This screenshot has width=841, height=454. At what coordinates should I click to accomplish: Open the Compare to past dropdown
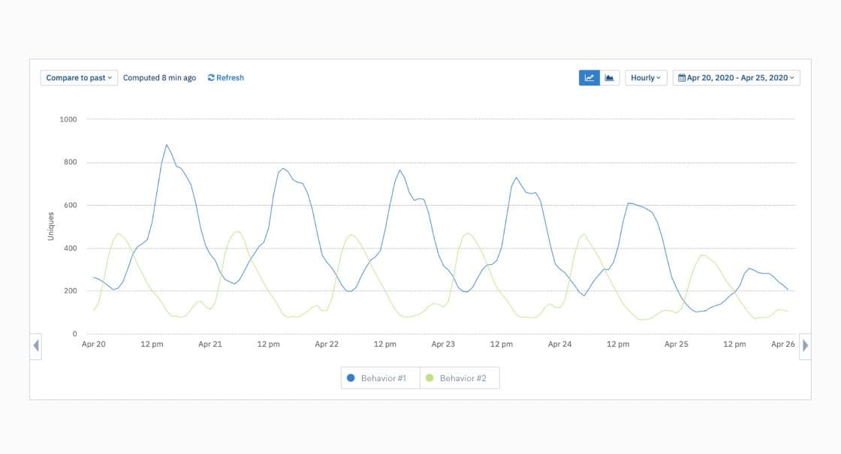click(x=79, y=78)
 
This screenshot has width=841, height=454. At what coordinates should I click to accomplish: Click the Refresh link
click(x=226, y=78)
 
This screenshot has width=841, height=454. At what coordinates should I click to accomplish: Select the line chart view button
click(x=589, y=78)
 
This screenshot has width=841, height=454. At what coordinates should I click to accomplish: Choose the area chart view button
click(x=610, y=78)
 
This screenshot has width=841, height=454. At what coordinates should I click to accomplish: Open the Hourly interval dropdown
click(x=646, y=78)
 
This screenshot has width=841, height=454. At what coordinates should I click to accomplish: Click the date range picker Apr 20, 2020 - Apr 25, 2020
click(x=736, y=78)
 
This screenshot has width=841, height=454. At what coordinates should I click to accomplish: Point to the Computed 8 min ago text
click(x=159, y=78)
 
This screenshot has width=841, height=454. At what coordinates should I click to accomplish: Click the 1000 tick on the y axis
click(x=68, y=120)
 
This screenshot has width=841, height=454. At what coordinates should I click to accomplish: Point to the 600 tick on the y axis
click(x=71, y=206)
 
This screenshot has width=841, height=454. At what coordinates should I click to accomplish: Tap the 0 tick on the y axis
click(x=74, y=334)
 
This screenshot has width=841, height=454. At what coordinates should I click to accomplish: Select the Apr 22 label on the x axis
click(x=327, y=344)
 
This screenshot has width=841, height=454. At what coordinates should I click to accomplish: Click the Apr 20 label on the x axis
click(x=94, y=344)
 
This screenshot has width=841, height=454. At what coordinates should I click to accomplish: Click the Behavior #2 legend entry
click(x=456, y=378)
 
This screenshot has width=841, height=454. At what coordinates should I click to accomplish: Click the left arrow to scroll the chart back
click(x=36, y=346)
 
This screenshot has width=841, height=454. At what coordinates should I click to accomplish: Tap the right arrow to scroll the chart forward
click(x=805, y=346)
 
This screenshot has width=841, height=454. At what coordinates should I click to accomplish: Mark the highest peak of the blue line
click(x=167, y=145)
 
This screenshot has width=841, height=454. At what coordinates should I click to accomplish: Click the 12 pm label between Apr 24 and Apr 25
click(x=618, y=344)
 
